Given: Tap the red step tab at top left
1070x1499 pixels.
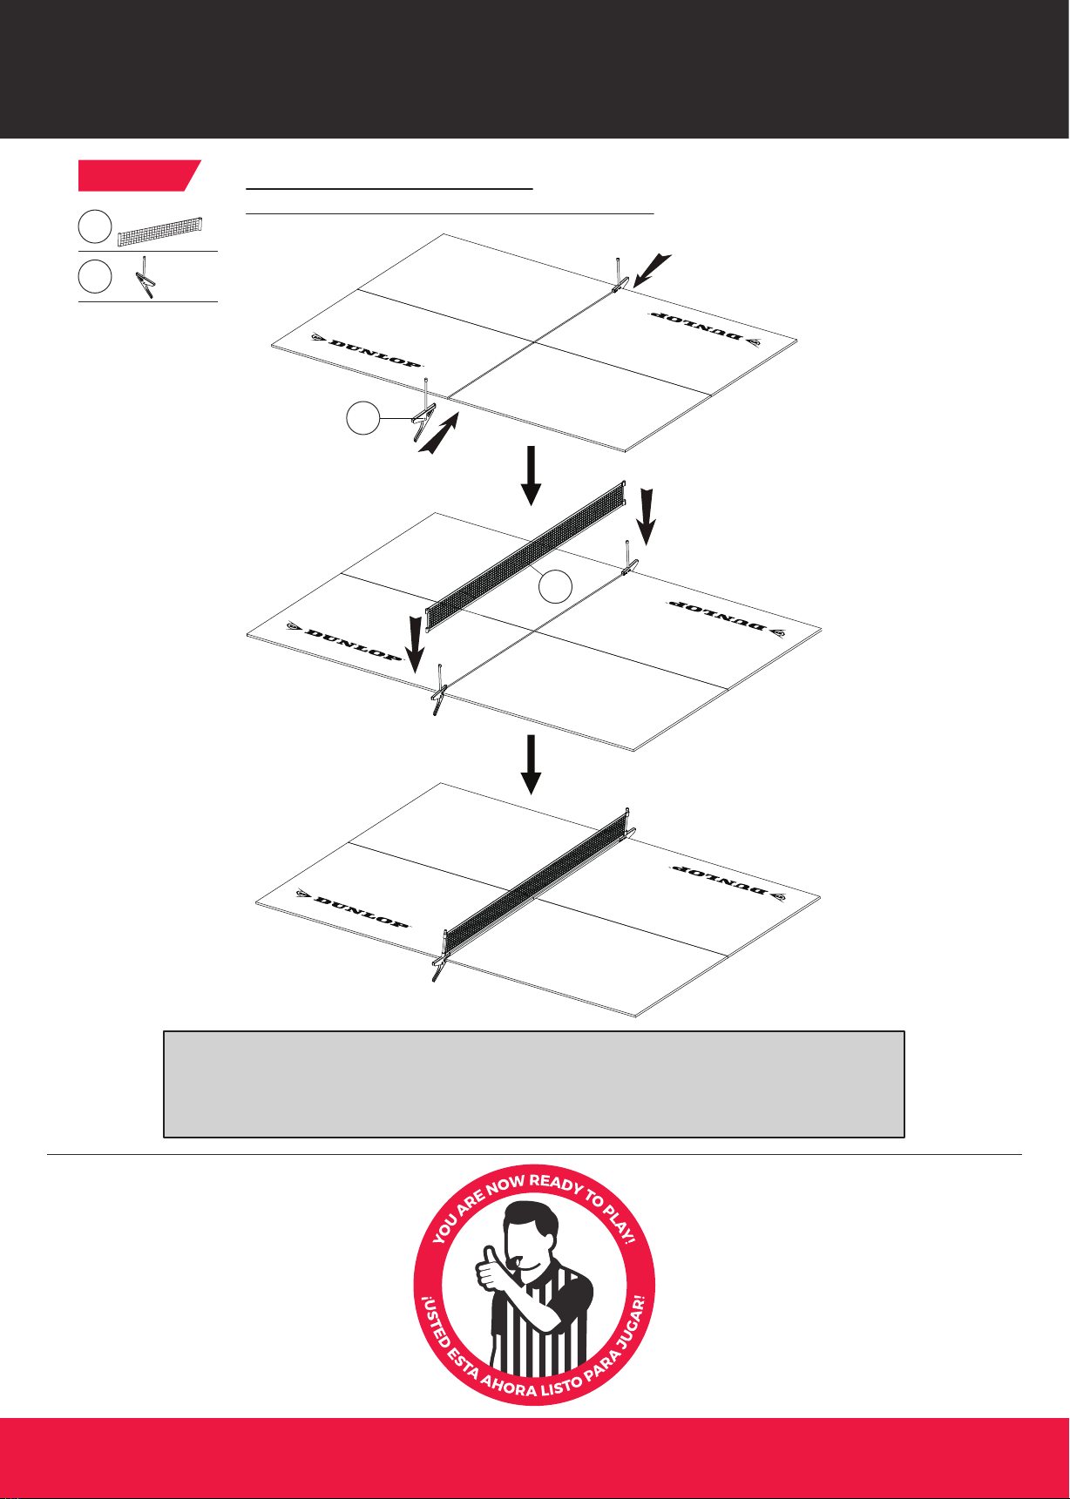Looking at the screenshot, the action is pos(139,175).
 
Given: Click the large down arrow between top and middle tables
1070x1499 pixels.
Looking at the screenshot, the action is pos(532,476).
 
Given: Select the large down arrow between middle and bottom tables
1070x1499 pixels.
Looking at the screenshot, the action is pos(532,764).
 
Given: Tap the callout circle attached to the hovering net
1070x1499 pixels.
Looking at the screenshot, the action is pos(554,587).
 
